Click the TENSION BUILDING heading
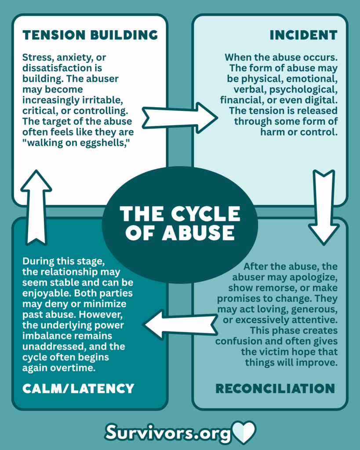point(90,35)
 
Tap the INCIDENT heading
point(303,35)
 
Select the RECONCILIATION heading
point(275,388)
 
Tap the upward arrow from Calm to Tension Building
point(36,206)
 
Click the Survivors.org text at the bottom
point(168,433)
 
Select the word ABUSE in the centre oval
point(198,233)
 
